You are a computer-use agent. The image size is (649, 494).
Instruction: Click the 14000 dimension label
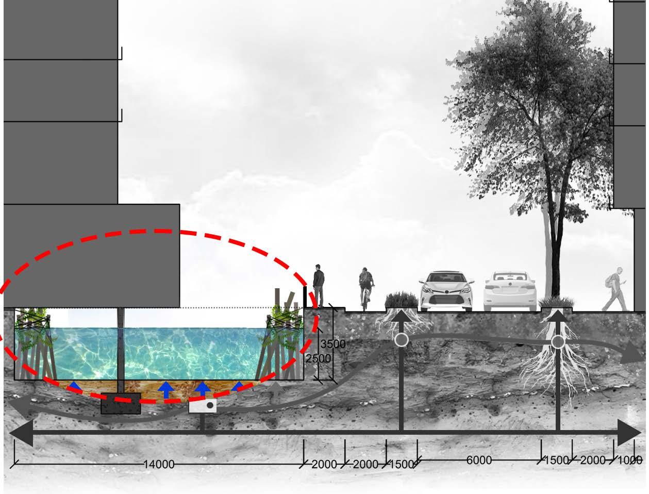[x=159, y=464]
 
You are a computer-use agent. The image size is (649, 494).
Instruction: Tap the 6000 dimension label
[x=479, y=460]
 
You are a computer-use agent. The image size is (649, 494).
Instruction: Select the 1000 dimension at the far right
[x=630, y=460]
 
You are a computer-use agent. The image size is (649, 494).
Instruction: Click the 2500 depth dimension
[x=319, y=358]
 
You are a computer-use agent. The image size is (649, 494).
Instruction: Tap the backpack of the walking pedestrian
[x=612, y=281]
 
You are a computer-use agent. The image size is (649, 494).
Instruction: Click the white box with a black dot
[x=202, y=406]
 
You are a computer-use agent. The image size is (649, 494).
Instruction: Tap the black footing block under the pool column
[x=121, y=404]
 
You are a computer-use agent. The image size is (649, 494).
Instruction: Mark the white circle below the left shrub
[x=401, y=340]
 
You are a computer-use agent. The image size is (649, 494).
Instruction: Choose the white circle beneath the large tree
[x=558, y=342]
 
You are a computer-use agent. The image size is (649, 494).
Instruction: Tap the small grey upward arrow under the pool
[x=277, y=388]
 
